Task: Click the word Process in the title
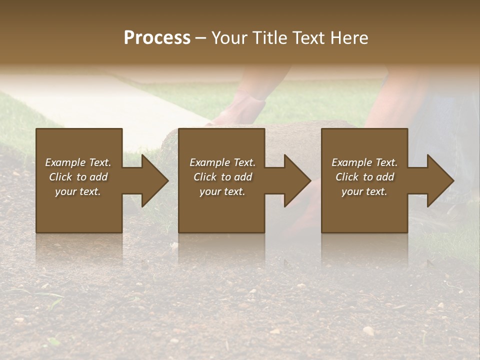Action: coord(157,38)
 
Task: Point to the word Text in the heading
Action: coord(309,38)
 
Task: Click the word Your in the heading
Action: coord(228,38)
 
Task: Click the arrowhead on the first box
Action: coord(153,180)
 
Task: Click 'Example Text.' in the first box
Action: coord(78,162)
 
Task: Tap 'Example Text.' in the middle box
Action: coord(222,162)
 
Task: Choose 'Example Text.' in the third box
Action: coord(364,162)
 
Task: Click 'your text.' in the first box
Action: coord(78,191)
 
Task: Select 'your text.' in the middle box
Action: coord(222,191)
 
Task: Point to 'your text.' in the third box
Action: coord(364,191)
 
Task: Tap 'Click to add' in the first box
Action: coord(78,177)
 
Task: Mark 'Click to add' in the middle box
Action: coord(222,177)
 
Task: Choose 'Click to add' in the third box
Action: coord(364,177)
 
